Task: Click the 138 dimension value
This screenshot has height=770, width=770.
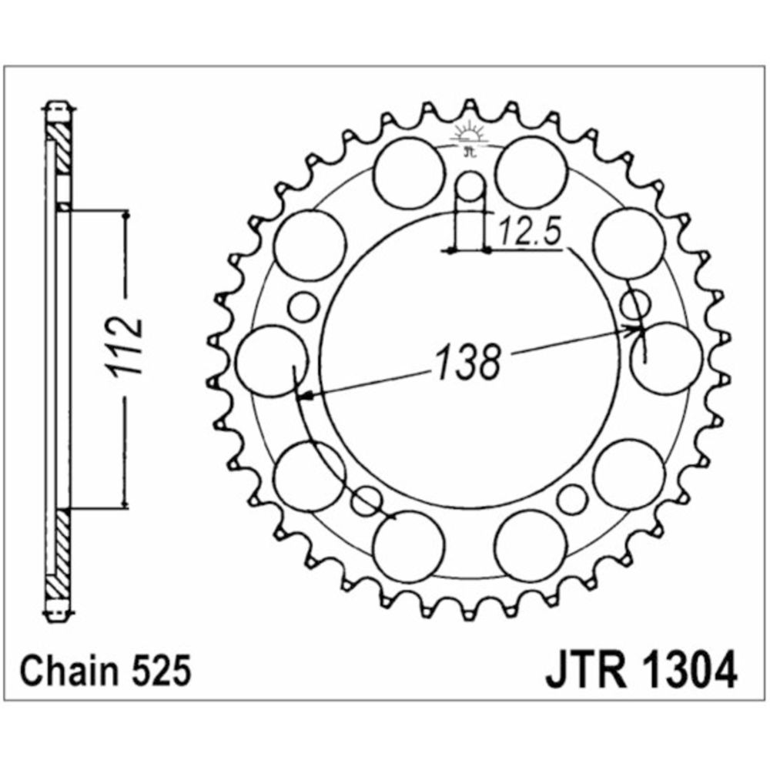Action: point(469,362)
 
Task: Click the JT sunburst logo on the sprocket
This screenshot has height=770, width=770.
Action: point(470,139)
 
